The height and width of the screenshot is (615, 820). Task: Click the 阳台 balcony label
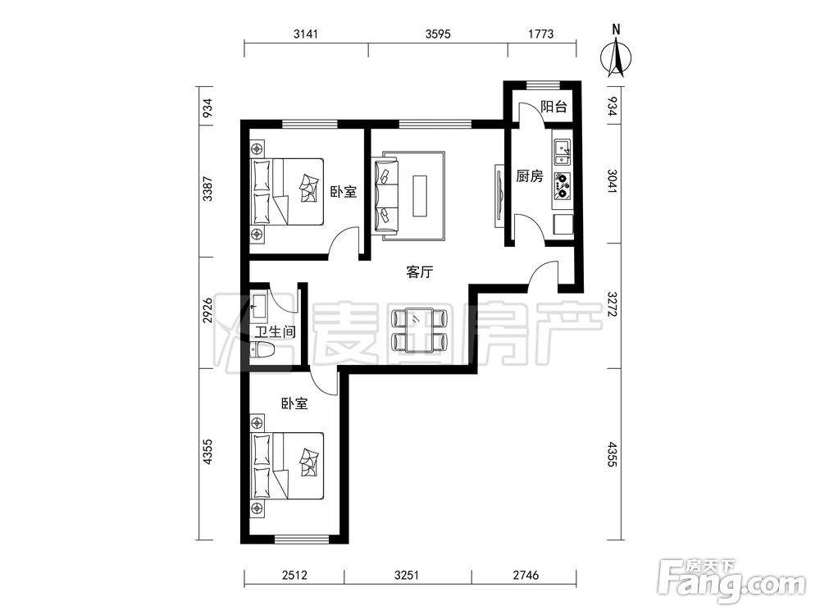click(x=553, y=107)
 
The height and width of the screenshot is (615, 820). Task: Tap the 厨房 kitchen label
click(x=529, y=176)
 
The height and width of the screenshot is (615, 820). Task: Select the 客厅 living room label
click(x=420, y=272)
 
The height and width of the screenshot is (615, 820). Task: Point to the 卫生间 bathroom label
click(x=275, y=331)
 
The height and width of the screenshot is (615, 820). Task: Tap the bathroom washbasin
click(x=259, y=305)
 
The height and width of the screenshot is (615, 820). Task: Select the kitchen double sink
click(x=563, y=152)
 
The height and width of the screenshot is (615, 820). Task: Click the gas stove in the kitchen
click(x=563, y=186)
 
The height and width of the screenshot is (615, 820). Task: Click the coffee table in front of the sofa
click(x=419, y=196)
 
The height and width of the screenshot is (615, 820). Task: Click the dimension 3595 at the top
click(x=438, y=34)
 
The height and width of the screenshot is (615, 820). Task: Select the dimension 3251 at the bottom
click(x=407, y=576)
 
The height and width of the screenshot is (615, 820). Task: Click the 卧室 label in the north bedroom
click(x=343, y=191)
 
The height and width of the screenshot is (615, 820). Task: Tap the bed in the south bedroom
click(x=288, y=466)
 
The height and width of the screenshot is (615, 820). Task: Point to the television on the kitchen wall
click(x=499, y=196)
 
